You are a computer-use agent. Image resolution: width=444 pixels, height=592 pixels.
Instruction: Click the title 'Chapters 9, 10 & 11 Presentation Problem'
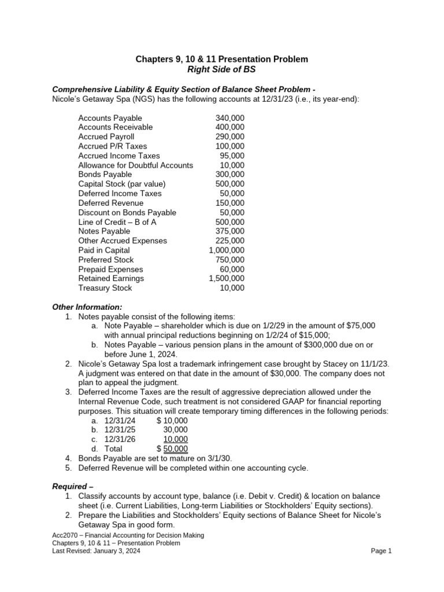[221, 59]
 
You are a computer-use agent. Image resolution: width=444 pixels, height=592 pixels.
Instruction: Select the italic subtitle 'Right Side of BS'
[221, 70]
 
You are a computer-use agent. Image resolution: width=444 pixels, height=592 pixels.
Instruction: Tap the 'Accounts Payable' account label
[110, 118]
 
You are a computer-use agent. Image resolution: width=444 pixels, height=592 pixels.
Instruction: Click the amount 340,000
[230, 118]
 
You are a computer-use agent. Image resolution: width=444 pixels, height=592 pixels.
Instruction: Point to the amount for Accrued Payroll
[230, 137]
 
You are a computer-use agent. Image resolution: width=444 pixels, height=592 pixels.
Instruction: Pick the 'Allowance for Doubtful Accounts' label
[135, 165]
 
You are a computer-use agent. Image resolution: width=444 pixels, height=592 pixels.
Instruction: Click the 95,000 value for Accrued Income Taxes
[232, 156]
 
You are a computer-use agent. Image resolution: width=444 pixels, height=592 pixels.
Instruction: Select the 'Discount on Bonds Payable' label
[127, 213]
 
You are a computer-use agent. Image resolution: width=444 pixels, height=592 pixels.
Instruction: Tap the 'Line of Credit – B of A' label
[117, 222]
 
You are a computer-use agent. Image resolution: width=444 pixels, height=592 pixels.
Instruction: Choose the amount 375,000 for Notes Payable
[230, 231]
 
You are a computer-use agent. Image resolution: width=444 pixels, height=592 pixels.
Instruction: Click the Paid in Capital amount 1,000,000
[226, 250]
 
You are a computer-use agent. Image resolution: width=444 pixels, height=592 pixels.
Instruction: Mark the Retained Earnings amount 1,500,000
[226, 279]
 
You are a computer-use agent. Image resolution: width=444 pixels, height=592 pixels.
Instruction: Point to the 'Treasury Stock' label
[105, 288]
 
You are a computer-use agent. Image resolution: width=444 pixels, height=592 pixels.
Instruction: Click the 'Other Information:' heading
[87, 307]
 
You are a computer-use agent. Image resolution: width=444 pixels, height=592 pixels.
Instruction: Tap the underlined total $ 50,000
[172, 449]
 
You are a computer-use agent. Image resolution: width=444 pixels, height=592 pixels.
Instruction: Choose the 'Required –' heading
[73, 486]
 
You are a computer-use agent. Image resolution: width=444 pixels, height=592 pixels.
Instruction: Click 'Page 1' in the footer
[381, 551]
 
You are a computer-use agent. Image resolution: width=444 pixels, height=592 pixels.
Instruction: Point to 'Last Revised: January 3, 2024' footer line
[96, 551]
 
